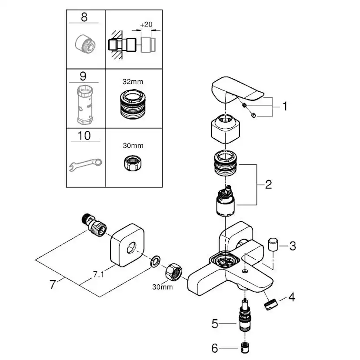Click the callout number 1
(285, 106)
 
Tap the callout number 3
(292, 246)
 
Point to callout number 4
(292, 297)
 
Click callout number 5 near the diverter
(214, 323)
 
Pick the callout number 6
(214, 348)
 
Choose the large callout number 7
(53, 285)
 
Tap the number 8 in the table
(84, 17)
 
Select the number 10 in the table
(84, 136)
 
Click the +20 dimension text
(147, 25)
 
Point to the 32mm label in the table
(133, 81)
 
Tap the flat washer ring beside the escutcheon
(154, 262)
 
